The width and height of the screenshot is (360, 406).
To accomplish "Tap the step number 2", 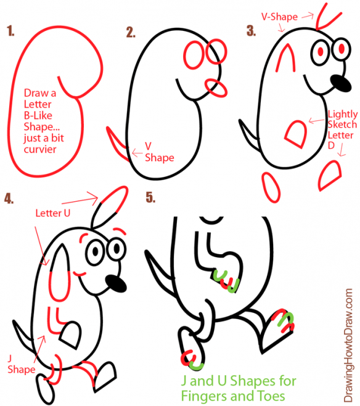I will pos(130,32).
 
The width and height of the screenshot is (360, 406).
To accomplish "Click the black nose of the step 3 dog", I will pos(338,82).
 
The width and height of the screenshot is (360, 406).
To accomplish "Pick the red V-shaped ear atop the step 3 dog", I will pos(322,17).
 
